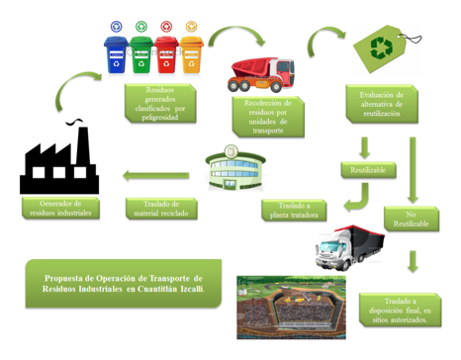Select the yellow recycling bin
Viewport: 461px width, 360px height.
pyautogui.click(x=191, y=56)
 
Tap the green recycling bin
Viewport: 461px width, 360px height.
pyautogui.click(x=142, y=56)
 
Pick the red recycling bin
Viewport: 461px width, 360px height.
pyautogui.click(x=167, y=56)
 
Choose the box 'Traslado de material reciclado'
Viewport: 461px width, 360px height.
pyautogui.click(x=163, y=209)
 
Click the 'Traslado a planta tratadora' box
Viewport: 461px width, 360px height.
pyautogui.click(x=294, y=209)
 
